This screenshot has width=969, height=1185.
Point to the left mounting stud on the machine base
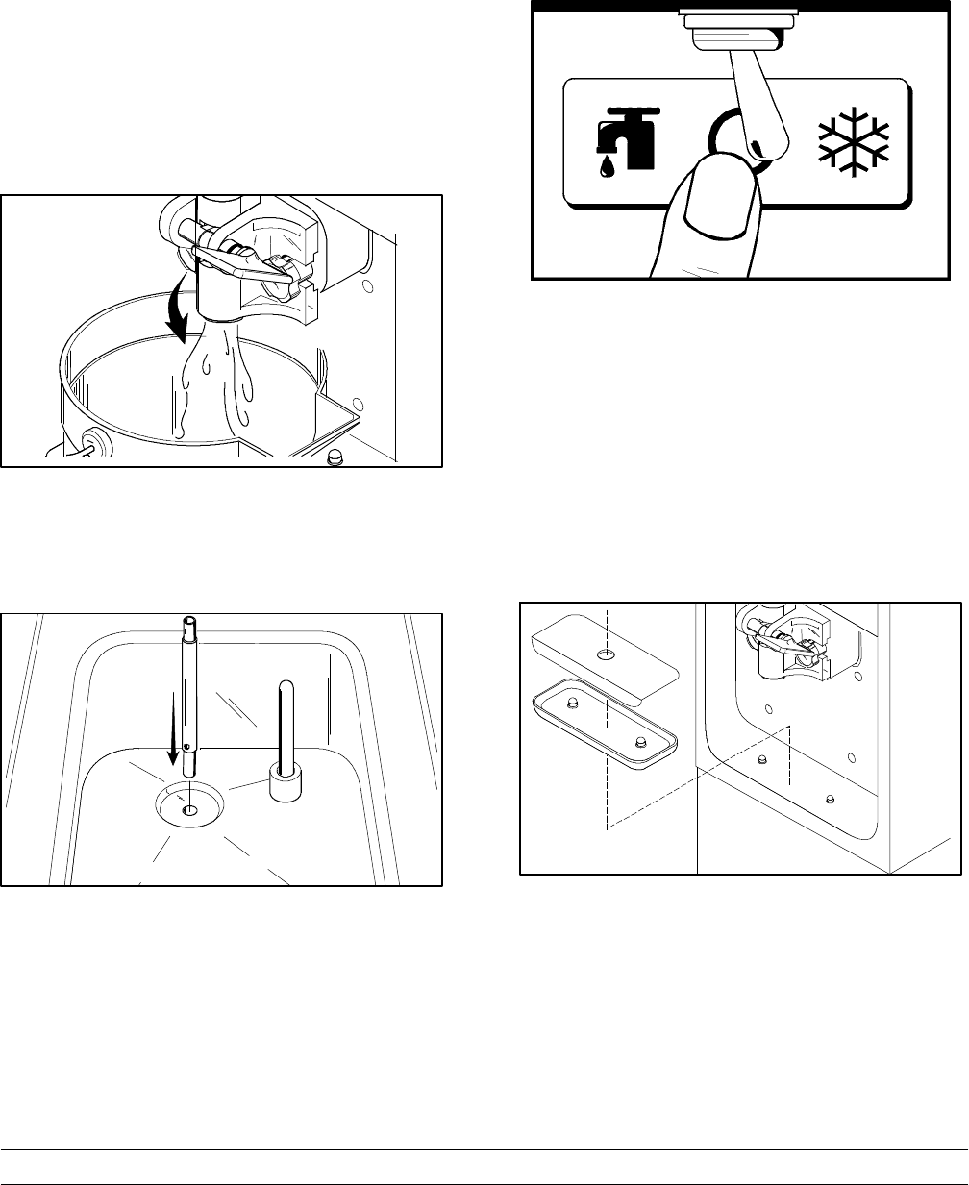tap(762, 760)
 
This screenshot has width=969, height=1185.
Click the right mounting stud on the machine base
tap(831, 800)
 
